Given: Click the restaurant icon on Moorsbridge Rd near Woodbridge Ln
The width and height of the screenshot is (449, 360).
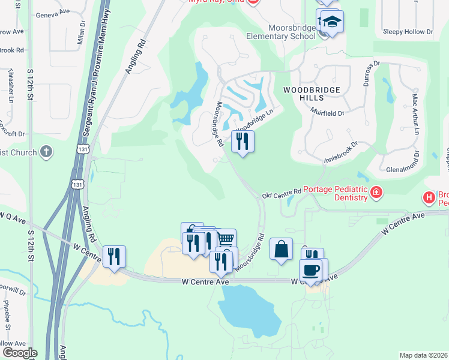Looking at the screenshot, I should click(x=243, y=142).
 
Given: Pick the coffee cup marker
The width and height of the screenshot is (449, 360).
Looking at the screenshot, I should click(x=310, y=270).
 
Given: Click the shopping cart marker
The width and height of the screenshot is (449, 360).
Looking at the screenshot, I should click(x=225, y=239).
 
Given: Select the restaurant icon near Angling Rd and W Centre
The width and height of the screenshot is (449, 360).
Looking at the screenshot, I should click(x=113, y=256).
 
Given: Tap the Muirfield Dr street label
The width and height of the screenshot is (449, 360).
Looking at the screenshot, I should click(x=327, y=112).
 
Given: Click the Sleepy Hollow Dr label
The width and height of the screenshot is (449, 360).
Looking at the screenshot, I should click(x=408, y=32).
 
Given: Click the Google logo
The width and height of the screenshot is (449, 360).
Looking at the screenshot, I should click(x=20, y=353).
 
